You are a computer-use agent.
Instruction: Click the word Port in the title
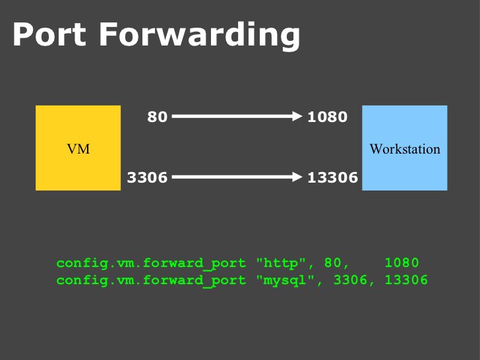coord(49,34)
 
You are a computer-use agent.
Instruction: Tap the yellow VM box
coord(78,148)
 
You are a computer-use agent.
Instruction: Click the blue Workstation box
coord(404,148)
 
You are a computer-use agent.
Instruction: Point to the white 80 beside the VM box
coord(157,117)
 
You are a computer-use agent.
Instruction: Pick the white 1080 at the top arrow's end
coord(327,117)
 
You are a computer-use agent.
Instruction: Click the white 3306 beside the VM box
coord(147,177)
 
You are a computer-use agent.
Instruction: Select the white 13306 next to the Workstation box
coord(332,177)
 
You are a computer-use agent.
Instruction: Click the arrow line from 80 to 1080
coord(231,117)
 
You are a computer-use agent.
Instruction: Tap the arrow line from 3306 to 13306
coord(231,177)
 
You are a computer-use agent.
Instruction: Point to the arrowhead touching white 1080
coord(297,117)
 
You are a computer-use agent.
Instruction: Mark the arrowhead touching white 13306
coord(297,177)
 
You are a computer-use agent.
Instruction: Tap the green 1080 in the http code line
coord(402,263)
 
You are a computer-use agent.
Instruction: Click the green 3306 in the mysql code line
coord(349,280)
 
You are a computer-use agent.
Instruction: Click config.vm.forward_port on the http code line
coord(152,263)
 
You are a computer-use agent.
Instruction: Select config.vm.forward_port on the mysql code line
coord(152,280)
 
